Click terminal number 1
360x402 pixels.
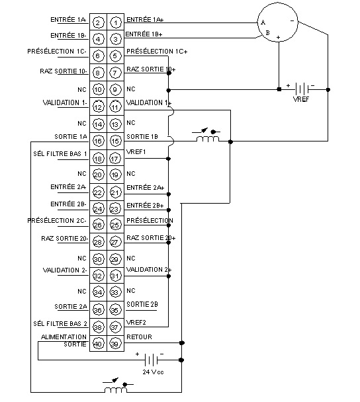(115, 23)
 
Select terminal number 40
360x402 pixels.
(98, 344)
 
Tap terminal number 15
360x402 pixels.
(115, 141)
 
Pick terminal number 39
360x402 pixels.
(115, 344)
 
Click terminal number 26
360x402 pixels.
(98, 225)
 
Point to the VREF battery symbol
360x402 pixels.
(302, 89)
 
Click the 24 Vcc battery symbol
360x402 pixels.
(152, 360)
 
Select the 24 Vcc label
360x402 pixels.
(153, 372)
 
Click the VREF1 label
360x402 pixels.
(136, 152)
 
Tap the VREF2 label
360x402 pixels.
(136, 322)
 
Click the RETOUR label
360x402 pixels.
(139, 337)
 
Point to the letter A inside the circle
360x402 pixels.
(263, 22)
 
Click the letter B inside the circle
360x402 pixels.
(267, 33)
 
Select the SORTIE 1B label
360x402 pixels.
(142, 137)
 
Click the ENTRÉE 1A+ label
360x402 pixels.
(145, 19)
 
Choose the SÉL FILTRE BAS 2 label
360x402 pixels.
(60, 323)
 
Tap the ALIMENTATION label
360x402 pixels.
(64, 337)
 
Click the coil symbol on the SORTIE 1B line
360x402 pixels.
(208, 139)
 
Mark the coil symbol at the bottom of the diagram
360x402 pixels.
(115, 390)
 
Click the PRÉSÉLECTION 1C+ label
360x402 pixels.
(157, 52)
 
